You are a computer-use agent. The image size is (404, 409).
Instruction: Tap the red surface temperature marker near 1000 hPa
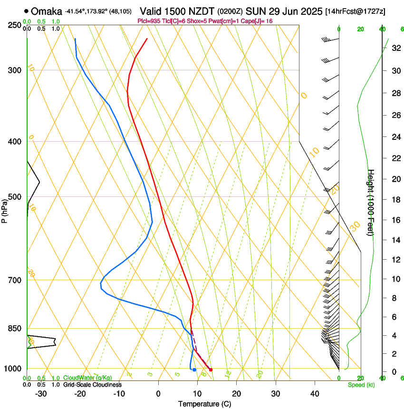coord(211,370)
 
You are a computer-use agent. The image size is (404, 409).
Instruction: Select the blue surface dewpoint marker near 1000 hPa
coord(194,370)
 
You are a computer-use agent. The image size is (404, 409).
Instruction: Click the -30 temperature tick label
coord(41,394)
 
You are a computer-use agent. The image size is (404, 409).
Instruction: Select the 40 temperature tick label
coord(315,394)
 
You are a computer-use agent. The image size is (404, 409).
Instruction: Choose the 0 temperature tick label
coord(158,394)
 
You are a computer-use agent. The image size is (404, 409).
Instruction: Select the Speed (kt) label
coord(361,385)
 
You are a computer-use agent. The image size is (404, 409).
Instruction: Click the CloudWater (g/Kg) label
coord(87,378)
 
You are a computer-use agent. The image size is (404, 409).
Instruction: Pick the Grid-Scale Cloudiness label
coord(92,385)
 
